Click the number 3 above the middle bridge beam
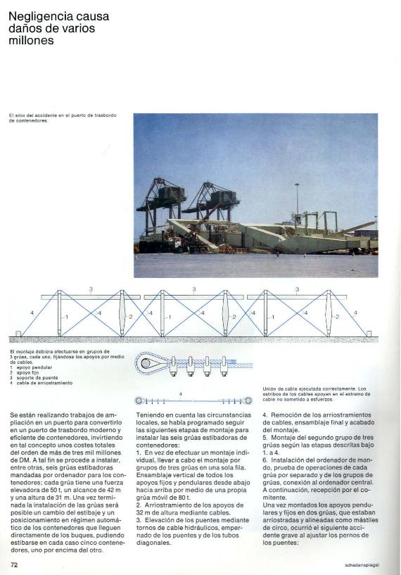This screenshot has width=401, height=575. point(193,289)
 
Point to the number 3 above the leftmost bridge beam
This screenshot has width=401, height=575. point(91,289)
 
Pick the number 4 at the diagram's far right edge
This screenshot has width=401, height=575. point(355,312)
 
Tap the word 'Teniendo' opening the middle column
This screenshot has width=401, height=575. point(149,416)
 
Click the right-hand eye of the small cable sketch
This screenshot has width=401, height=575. point(248,400)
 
